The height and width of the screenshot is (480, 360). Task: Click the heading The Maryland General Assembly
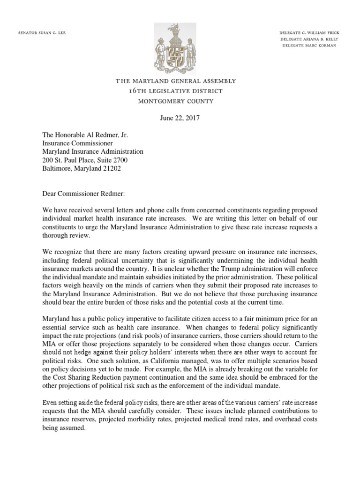pos(176,81)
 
